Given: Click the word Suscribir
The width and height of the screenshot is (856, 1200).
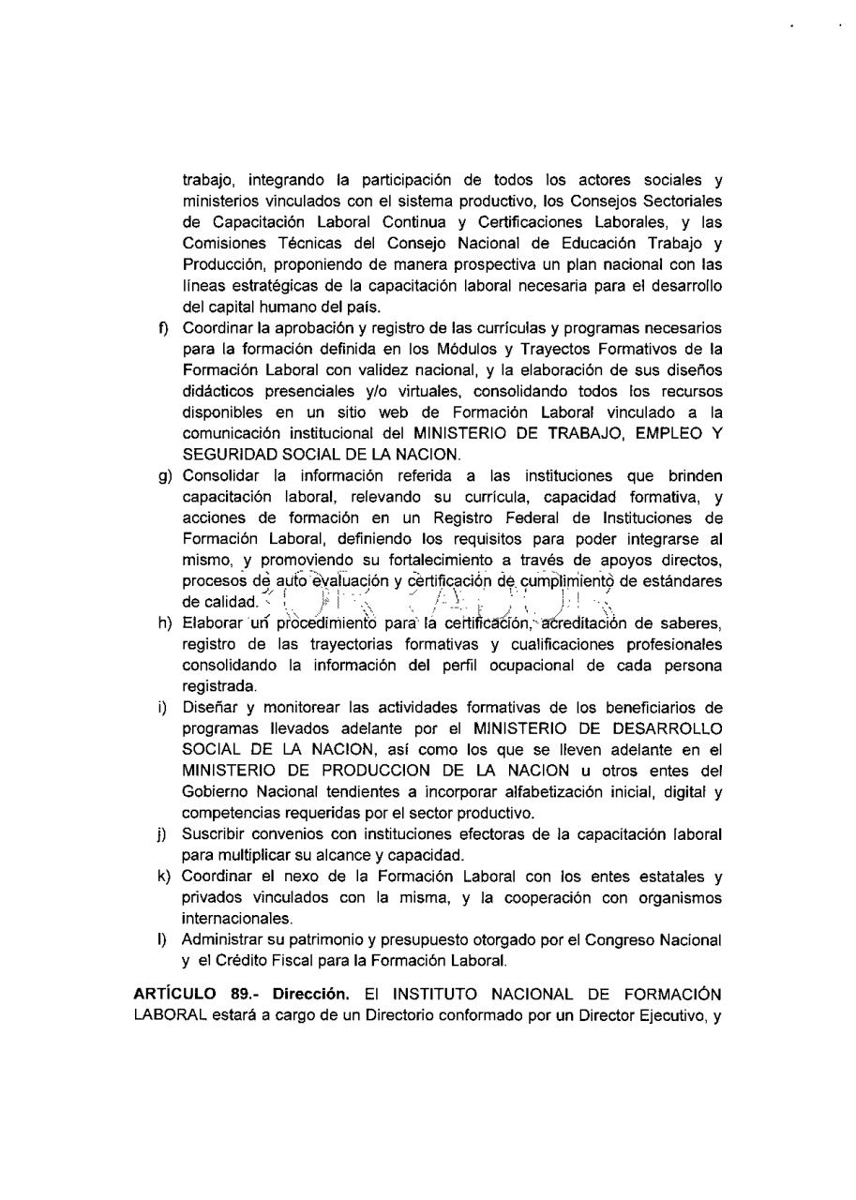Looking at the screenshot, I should coord(212,833).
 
